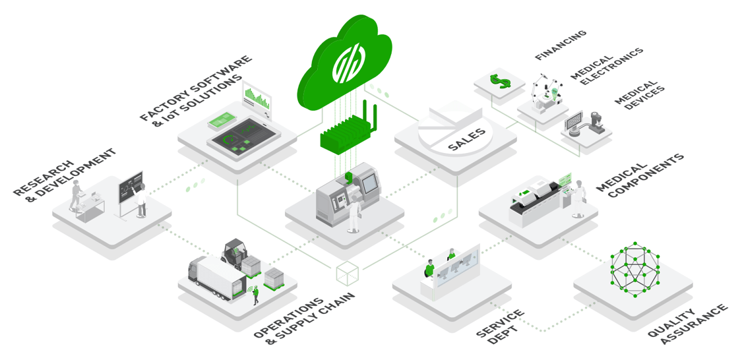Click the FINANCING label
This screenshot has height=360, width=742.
point(560,45)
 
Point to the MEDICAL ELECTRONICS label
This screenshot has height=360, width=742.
point(607,67)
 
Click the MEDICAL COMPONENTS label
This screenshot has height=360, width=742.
point(640,176)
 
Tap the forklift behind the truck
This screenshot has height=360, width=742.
point(233,253)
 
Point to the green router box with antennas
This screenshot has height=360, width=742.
point(347,135)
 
